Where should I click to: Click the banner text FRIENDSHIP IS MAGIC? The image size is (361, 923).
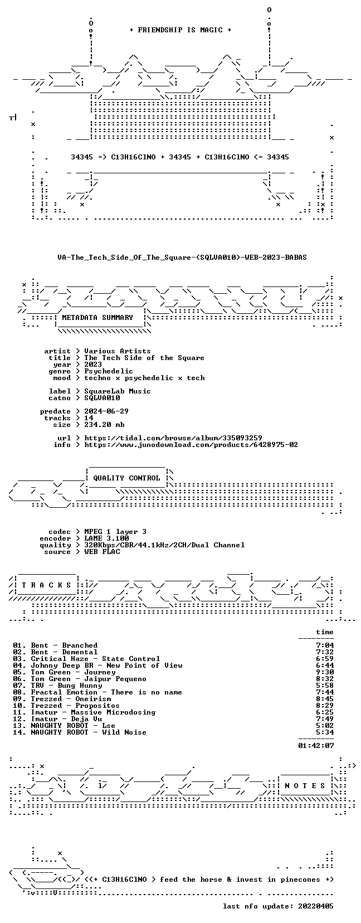point(180,30)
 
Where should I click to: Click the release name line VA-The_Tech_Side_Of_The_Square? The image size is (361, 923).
point(182,258)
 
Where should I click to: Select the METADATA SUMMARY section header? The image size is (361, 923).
point(97,318)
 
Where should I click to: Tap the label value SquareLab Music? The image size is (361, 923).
point(118,391)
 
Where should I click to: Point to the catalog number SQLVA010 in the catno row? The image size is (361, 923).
point(102,397)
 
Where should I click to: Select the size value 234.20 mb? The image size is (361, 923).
point(104,424)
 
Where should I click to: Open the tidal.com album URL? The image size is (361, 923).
point(173,438)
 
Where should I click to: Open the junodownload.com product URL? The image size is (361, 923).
point(191,445)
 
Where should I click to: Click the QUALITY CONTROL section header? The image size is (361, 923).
point(126,478)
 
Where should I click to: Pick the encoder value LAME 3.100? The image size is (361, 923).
point(106,538)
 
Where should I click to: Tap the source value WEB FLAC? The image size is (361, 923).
point(102,552)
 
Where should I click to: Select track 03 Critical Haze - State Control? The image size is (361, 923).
point(86,659)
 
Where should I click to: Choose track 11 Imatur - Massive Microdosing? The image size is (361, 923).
point(84,712)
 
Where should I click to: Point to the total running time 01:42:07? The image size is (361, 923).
point(316,746)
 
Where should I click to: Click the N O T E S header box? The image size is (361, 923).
point(305,786)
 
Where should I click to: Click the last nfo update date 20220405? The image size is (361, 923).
point(316,906)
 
